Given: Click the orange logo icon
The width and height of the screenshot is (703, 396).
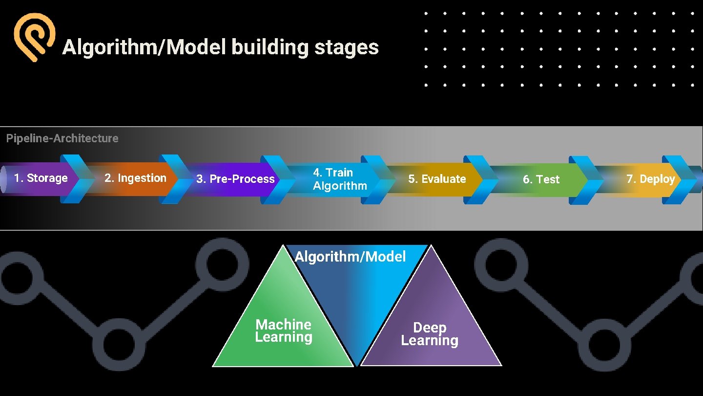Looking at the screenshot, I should (34, 37).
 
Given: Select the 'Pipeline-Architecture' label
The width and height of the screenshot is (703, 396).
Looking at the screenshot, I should (62, 138).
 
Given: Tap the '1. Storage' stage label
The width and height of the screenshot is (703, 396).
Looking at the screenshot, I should (41, 178).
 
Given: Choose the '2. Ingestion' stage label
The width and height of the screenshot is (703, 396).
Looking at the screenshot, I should (135, 178).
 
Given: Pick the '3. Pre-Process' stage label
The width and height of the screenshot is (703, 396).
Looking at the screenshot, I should (235, 179).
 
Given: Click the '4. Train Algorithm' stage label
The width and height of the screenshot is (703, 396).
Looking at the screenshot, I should (340, 179).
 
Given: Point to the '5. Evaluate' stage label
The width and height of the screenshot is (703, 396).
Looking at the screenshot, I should (437, 179).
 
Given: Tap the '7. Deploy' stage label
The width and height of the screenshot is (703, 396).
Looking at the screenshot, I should (650, 179).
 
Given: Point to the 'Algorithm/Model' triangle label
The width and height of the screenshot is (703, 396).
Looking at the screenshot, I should (350, 257).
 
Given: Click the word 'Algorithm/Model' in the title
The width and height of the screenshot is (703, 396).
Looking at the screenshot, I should (144, 47).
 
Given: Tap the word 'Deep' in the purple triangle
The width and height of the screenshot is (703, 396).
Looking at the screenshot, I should (430, 327).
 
